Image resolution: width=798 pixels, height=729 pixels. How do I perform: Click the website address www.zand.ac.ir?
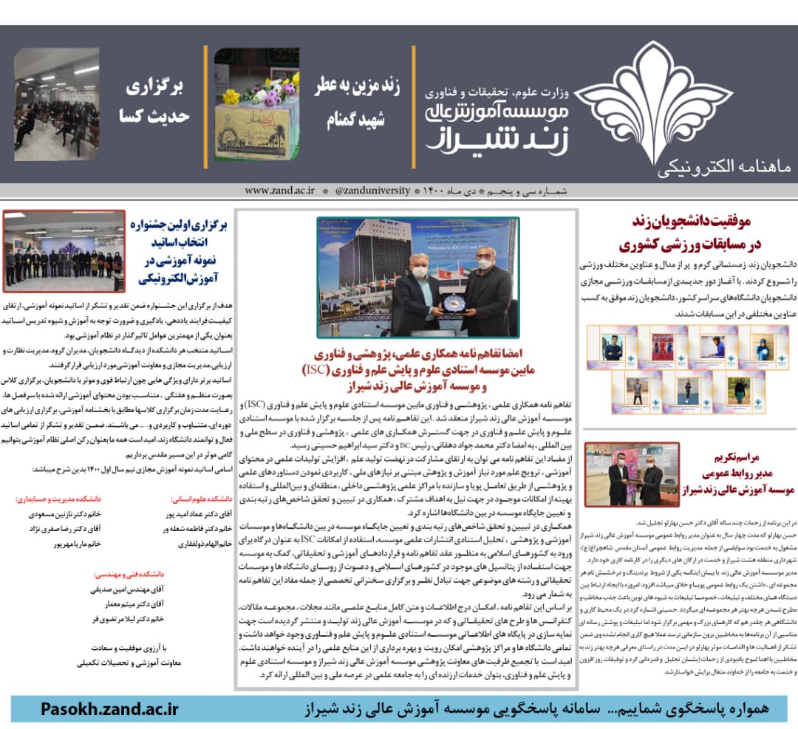coord(279,191)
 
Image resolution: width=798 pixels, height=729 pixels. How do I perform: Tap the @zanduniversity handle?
coord(372,191)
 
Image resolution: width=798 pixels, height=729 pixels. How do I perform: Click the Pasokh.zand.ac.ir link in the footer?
coord(110,709)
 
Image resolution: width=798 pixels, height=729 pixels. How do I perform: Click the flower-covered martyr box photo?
coord(256,103)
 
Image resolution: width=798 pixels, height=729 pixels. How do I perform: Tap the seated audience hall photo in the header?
coord(56,103)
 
